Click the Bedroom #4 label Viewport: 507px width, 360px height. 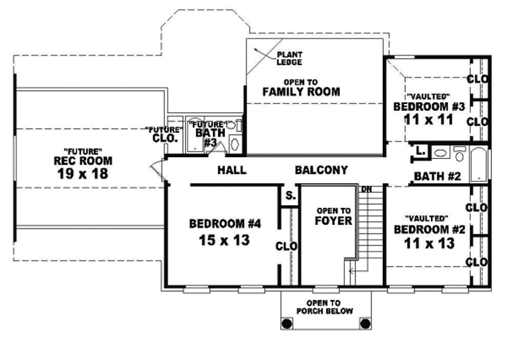click(226, 223)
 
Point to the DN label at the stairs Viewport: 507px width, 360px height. click(366, 189)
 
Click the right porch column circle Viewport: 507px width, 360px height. click(364, 323)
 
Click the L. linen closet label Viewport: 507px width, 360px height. click(420, 151)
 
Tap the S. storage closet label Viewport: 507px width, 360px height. click(290, 196)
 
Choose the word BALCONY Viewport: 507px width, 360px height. click(321, 170)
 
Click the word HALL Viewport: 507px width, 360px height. click(231, 170)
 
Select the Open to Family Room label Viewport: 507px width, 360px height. click(301, 87)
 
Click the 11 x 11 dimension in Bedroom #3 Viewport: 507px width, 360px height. click(430, 119)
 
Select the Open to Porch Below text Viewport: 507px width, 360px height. click(326, 307)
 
